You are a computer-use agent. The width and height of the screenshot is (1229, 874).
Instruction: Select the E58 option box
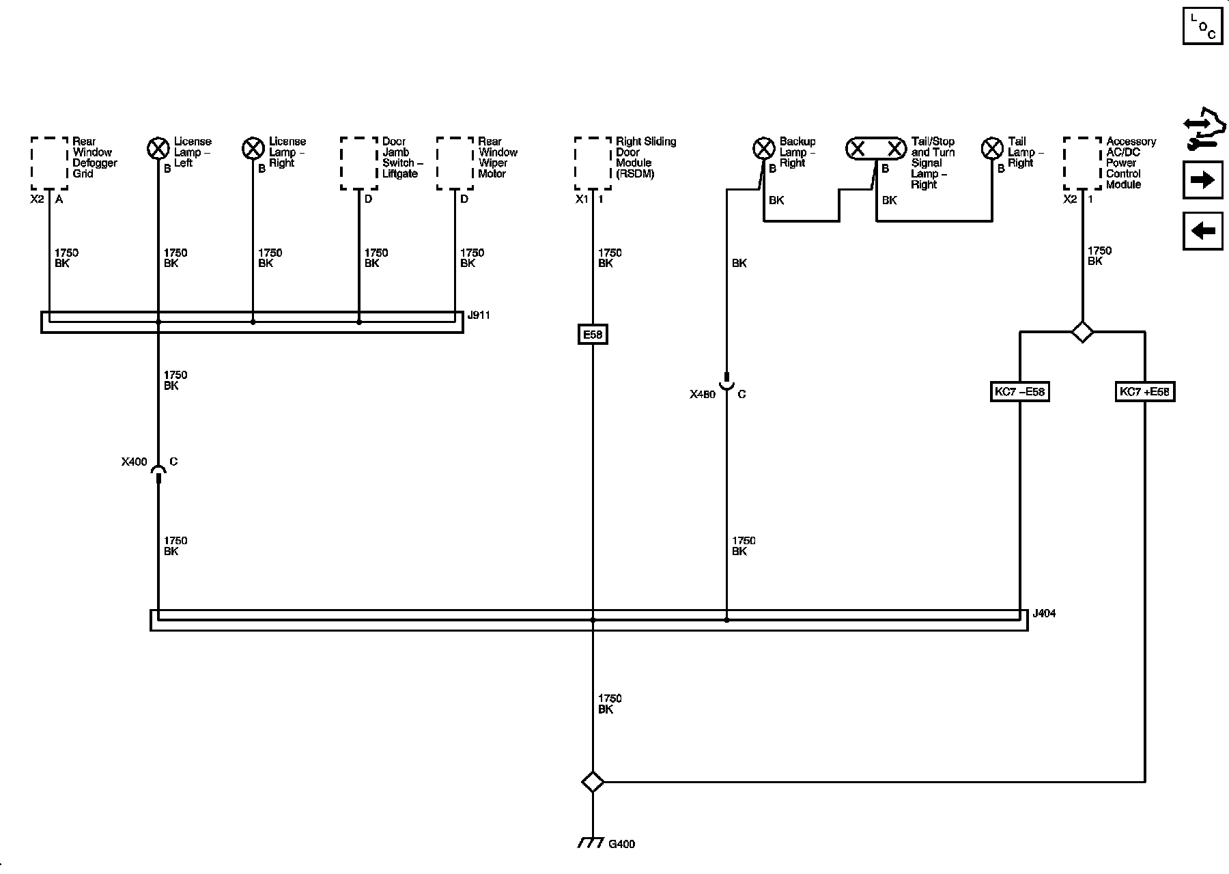[x=592, y=335]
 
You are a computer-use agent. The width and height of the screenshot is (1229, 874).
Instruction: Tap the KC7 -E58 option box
[x=1019, y=392]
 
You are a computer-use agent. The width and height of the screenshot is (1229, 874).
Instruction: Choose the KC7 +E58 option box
[x=1144, y=392]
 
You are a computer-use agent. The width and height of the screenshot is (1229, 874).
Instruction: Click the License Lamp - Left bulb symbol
[x=158, y=148]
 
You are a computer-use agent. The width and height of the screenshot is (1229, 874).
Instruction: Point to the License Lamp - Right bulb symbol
[x=253, y=148]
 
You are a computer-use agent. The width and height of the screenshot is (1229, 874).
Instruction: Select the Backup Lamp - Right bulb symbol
[x=763, y=148]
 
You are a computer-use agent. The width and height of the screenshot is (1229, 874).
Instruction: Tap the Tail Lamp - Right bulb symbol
[x=991, y=148]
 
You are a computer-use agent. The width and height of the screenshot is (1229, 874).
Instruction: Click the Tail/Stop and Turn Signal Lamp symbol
[x=877, y=148]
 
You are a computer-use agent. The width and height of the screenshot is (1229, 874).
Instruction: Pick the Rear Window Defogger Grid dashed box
[x=50, y=163]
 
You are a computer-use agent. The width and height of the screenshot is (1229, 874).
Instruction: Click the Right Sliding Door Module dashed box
[x=593, y=163]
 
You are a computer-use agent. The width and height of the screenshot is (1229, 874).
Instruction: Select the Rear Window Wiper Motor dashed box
[x=455, y=163]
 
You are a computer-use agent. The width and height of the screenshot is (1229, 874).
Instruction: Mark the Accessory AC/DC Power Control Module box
[x=1082, y=163]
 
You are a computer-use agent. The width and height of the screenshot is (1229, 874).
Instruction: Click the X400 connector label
[x=134, y=462]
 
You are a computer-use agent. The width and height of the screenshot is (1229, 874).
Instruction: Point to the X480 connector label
[x=702, y=395]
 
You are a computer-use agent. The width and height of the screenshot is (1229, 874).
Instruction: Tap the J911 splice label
[x=479, y=315]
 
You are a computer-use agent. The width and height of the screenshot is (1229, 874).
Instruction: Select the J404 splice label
[x=1044, y=613]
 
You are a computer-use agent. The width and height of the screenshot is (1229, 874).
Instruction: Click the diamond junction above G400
[x=592, y=782]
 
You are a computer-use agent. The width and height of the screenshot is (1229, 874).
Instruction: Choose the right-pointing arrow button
[x=1202, y=180]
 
